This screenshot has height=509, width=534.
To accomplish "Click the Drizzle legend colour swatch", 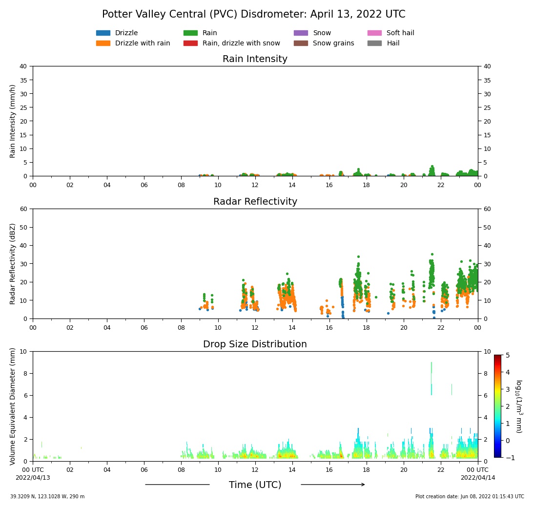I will tap(103, 33).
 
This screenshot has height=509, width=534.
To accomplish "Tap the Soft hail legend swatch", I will tap(374, 33).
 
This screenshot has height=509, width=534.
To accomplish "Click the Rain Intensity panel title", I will tap(255, 59).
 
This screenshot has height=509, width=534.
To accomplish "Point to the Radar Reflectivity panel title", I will tap(255, 202).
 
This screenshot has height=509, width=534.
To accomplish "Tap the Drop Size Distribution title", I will tap(255, 344).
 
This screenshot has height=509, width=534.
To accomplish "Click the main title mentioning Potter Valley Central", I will tap(253, 15).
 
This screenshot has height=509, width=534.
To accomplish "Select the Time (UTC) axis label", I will tap(255, 485).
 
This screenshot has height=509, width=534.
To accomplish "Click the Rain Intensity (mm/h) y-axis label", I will tap(13, 121).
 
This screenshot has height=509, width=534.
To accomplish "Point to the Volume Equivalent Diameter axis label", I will tap(13, 406).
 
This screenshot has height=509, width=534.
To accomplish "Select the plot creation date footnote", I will tap(470, 497).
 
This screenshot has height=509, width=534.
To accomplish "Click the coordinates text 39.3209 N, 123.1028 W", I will tap(47, 497).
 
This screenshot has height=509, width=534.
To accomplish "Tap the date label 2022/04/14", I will tap(477, 478).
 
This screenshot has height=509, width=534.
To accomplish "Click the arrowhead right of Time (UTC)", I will tap(362, 485).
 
